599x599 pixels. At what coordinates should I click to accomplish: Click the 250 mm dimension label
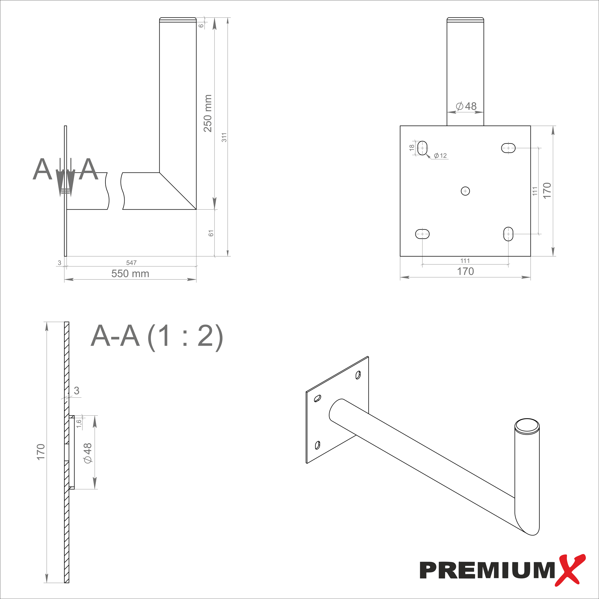point(208,113)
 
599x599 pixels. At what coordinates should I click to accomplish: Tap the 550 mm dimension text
point(130,273)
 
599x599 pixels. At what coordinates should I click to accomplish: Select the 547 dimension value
point(131,263)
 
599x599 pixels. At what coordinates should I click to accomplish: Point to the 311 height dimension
point(224,137)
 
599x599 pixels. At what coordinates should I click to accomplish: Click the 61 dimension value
point(211,233)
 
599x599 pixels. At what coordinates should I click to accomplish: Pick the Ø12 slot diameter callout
point(440,156)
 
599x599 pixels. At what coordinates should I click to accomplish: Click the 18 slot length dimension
point(412,148)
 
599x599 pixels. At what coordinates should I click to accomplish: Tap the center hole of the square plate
point(465,191)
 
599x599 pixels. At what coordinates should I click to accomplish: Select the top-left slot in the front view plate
point(422,148)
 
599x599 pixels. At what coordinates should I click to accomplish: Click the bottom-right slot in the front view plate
point(508,234)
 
